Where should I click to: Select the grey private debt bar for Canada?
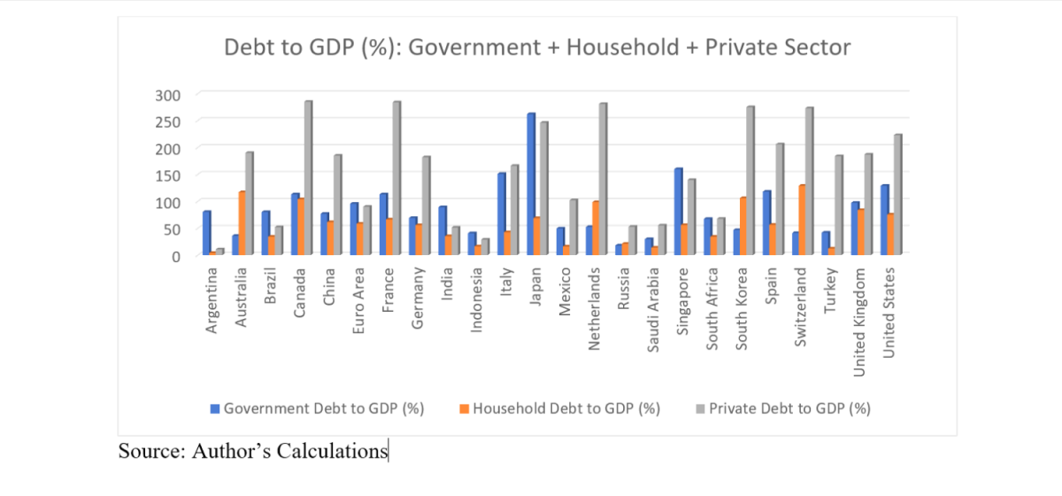pyautogui.click(x=309, y=178)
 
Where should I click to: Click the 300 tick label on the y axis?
pyautogui.click(x=167, y=95)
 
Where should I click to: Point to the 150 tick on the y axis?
pyautogui.click(x=167, y=174)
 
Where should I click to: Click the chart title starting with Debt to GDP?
pyautogui.click(x=537, y=47)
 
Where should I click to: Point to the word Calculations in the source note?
pyautogui.click(x=333, y=451)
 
